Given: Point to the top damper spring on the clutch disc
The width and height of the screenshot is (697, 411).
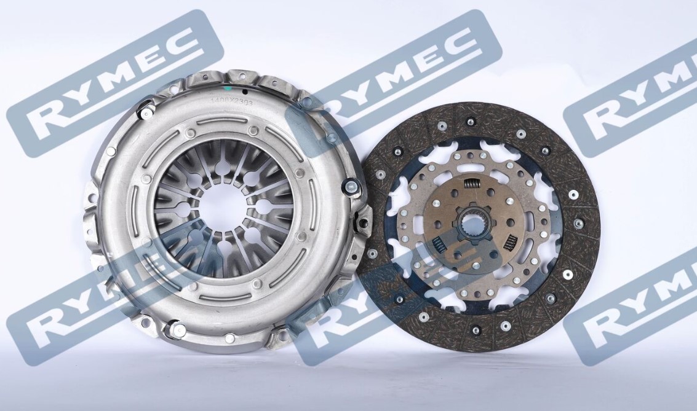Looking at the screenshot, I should click(x=472, y=182).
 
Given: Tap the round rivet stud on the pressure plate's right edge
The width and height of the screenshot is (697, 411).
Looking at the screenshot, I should click(x=352, y=186).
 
